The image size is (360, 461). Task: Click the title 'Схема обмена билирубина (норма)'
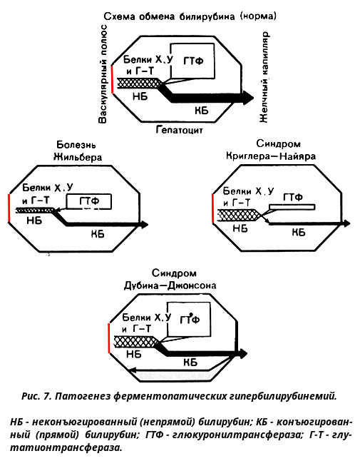[x=190, y=16]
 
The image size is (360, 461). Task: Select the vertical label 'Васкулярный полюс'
[x=103, y=74]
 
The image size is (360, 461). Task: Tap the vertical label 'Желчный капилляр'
[x=264, y=77]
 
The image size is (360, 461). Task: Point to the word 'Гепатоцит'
[x=179, y=130]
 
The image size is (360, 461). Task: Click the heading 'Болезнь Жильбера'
[x=78, y=151]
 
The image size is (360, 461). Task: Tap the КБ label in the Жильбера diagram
[x=98, y=234]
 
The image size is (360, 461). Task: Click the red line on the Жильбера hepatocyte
[x=9, y=208]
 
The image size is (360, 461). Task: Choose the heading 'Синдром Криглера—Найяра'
[x=271, y=150]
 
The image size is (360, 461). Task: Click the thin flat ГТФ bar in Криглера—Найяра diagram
[x=292, y=207]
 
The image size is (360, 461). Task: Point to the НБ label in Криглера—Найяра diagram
[x=240, y=229]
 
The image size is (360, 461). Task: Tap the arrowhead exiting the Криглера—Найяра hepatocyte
[x=347, y=223]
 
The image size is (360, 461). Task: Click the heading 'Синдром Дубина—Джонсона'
[x=170, y=279]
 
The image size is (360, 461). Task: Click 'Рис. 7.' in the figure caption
[x=36, y=396]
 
